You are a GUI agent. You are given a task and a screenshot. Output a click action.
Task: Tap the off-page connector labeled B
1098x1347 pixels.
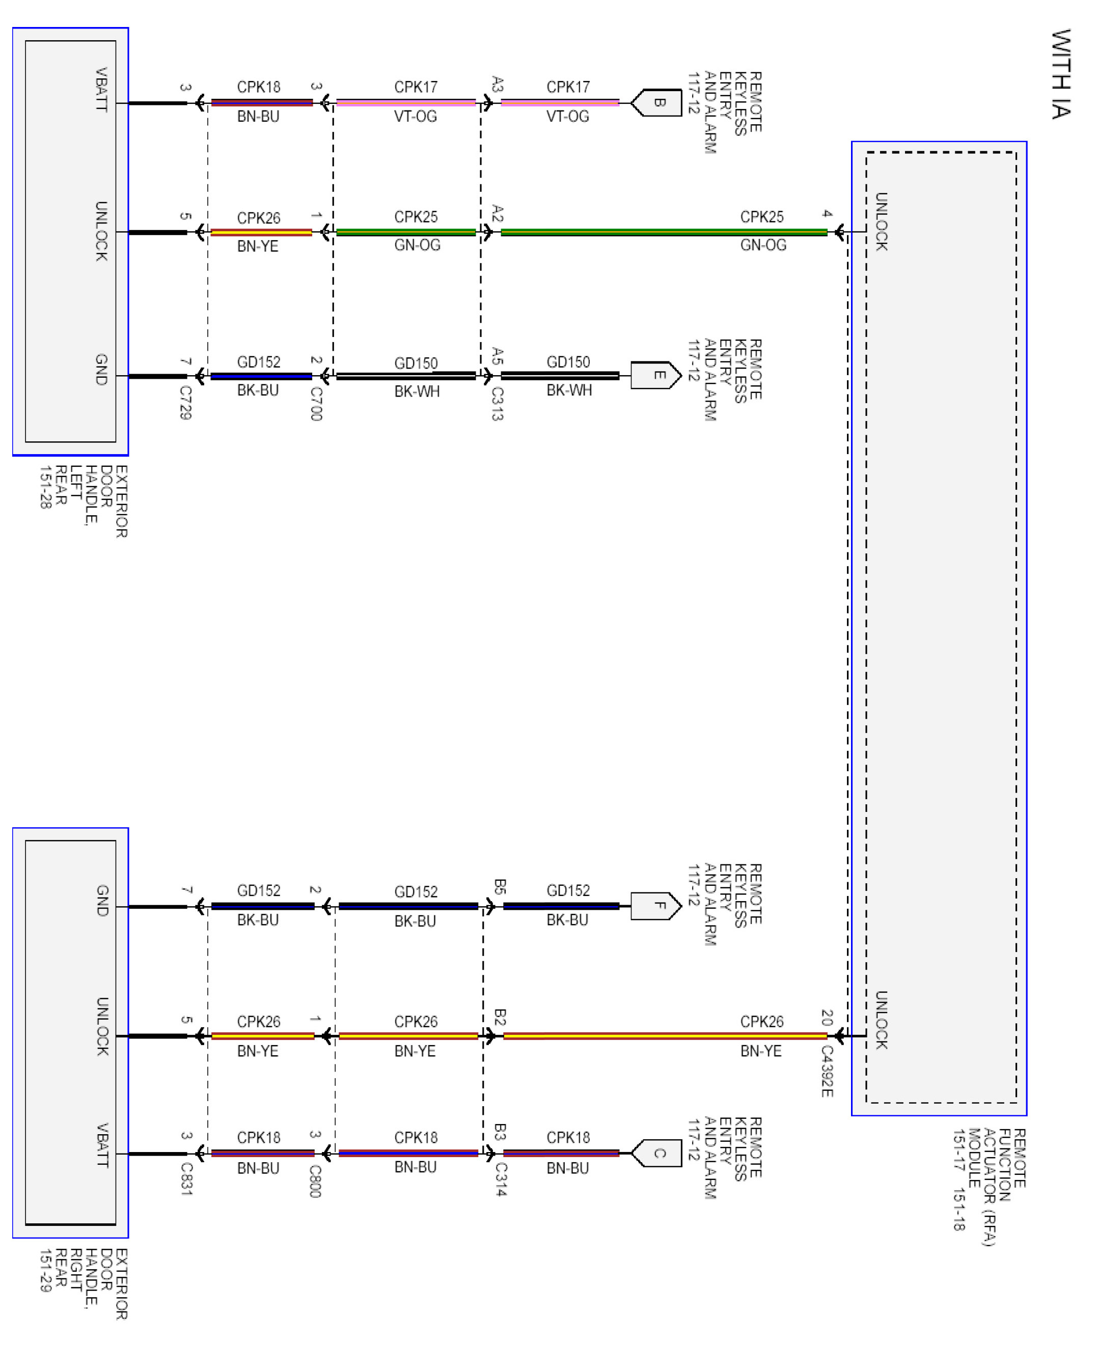(656, 102)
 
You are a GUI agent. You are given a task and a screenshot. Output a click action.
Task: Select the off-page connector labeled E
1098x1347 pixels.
(656, 376)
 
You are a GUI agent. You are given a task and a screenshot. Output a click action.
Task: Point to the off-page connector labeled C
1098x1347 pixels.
(656, 1154)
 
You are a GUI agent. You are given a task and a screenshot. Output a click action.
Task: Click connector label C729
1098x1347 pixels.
(185, 403)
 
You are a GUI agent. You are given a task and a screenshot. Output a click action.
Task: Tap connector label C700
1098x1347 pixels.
(316, 404)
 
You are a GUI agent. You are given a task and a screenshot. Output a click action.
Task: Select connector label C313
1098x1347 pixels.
(498, 404)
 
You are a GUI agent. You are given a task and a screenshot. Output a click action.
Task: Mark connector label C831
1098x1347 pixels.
(186, 1179)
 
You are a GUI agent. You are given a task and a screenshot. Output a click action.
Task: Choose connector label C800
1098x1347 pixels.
(315, 1181)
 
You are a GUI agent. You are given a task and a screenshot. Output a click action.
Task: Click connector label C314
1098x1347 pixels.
(500, 1180)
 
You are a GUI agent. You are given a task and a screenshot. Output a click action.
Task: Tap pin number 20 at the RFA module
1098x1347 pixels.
(827, 1017)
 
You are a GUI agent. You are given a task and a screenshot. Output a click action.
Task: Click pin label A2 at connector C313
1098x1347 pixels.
(498, 214)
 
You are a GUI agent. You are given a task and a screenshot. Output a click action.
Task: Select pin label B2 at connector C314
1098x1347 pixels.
(500, 1018)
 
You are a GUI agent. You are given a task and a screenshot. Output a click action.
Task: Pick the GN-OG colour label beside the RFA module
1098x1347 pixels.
(763, 245)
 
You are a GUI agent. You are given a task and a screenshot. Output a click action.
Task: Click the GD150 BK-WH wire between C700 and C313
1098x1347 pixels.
(405, 376)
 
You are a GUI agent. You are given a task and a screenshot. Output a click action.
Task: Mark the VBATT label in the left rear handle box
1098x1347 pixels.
(101, 89)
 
